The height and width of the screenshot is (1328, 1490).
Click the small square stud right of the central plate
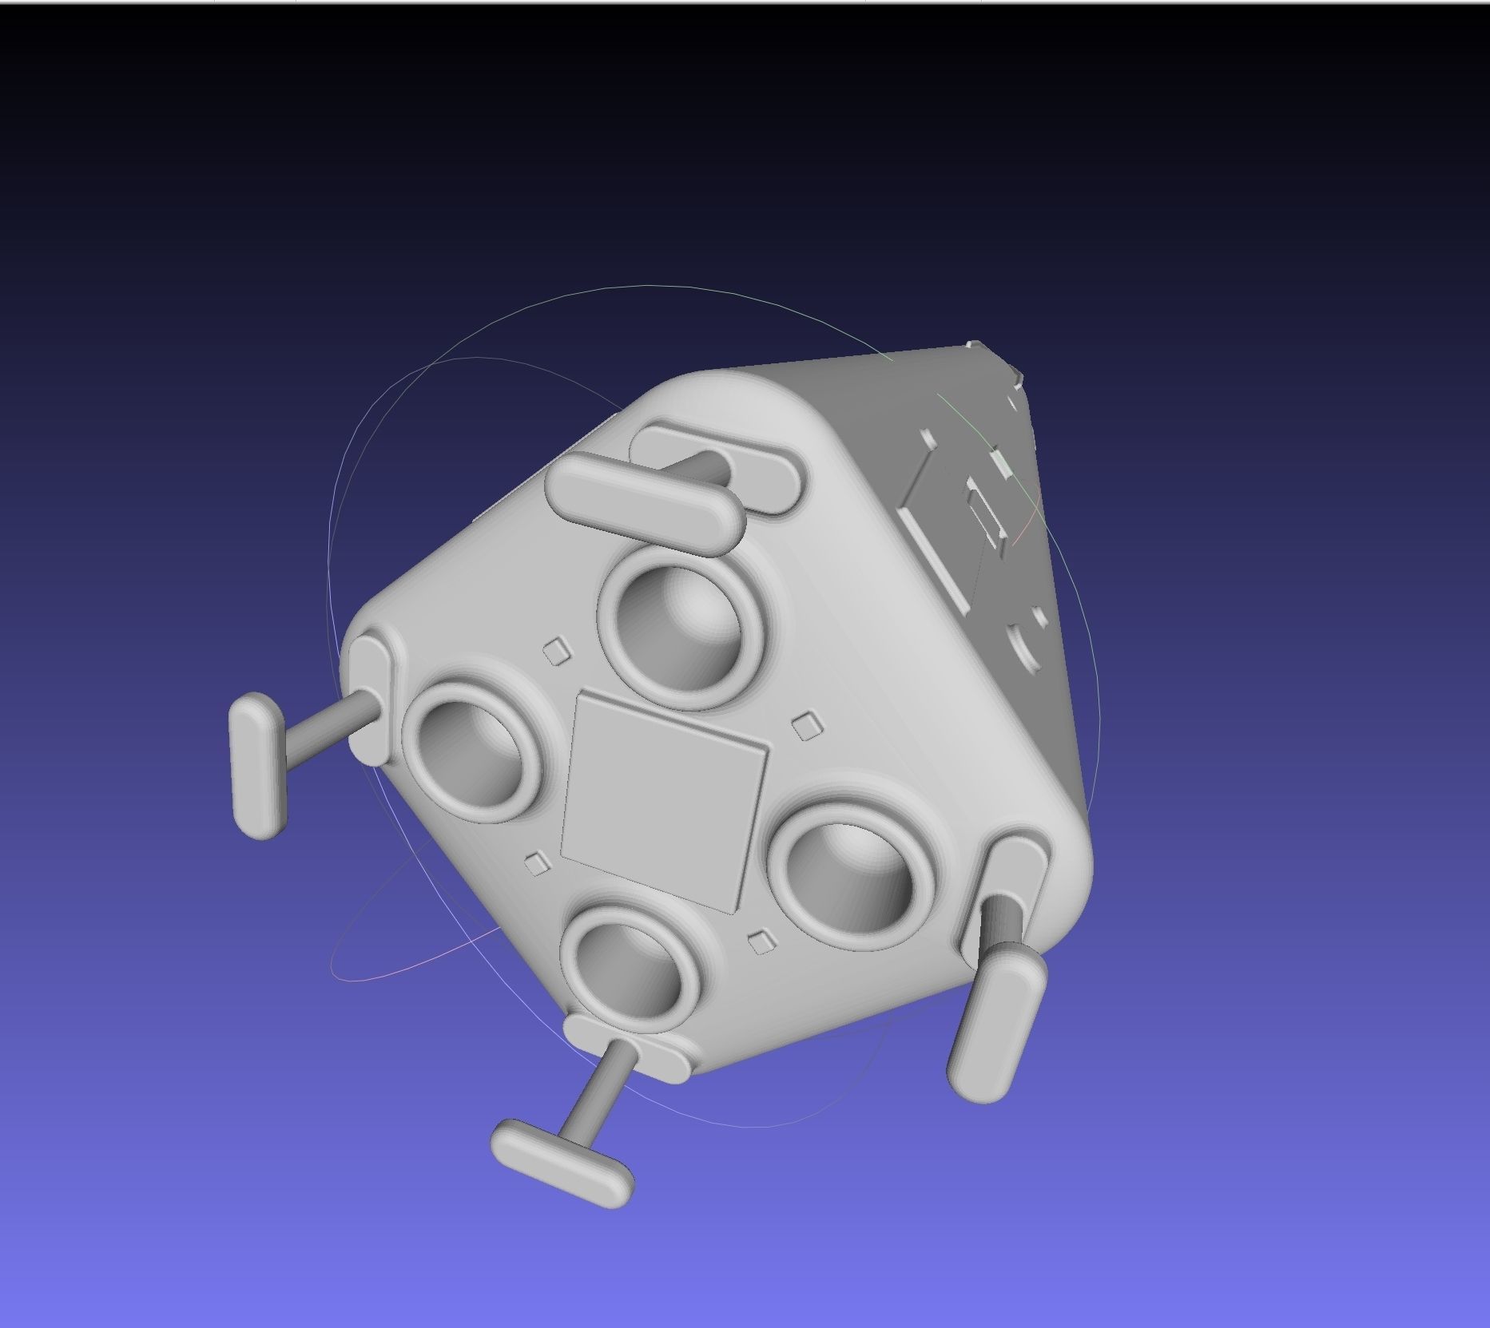(x=807, y=726)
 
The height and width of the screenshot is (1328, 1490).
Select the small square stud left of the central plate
(x=536, y=863)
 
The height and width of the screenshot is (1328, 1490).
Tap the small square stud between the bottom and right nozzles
(x=761, y=942)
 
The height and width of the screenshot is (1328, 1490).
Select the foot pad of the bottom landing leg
(x=562, y=1161)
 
